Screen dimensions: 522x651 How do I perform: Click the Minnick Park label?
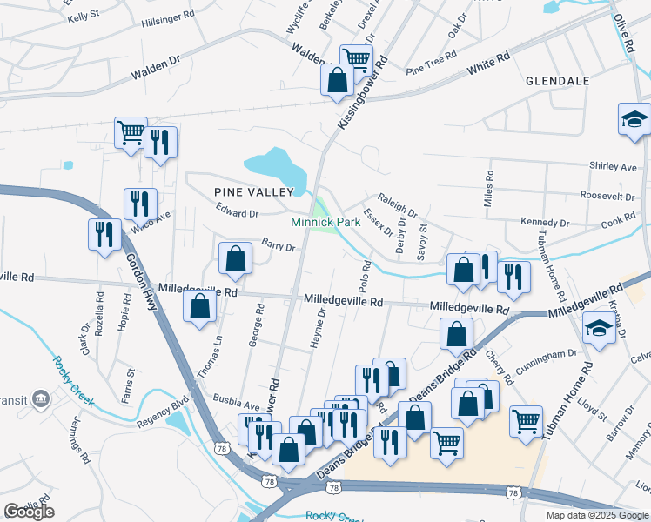338,223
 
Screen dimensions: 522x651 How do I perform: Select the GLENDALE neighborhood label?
558,81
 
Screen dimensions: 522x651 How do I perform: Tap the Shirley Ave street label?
613,166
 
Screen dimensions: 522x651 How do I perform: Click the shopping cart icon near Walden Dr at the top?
356,59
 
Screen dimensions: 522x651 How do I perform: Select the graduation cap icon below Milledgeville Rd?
599,328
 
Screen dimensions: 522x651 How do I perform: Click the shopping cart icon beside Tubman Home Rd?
527,421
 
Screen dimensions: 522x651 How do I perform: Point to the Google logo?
28,511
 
